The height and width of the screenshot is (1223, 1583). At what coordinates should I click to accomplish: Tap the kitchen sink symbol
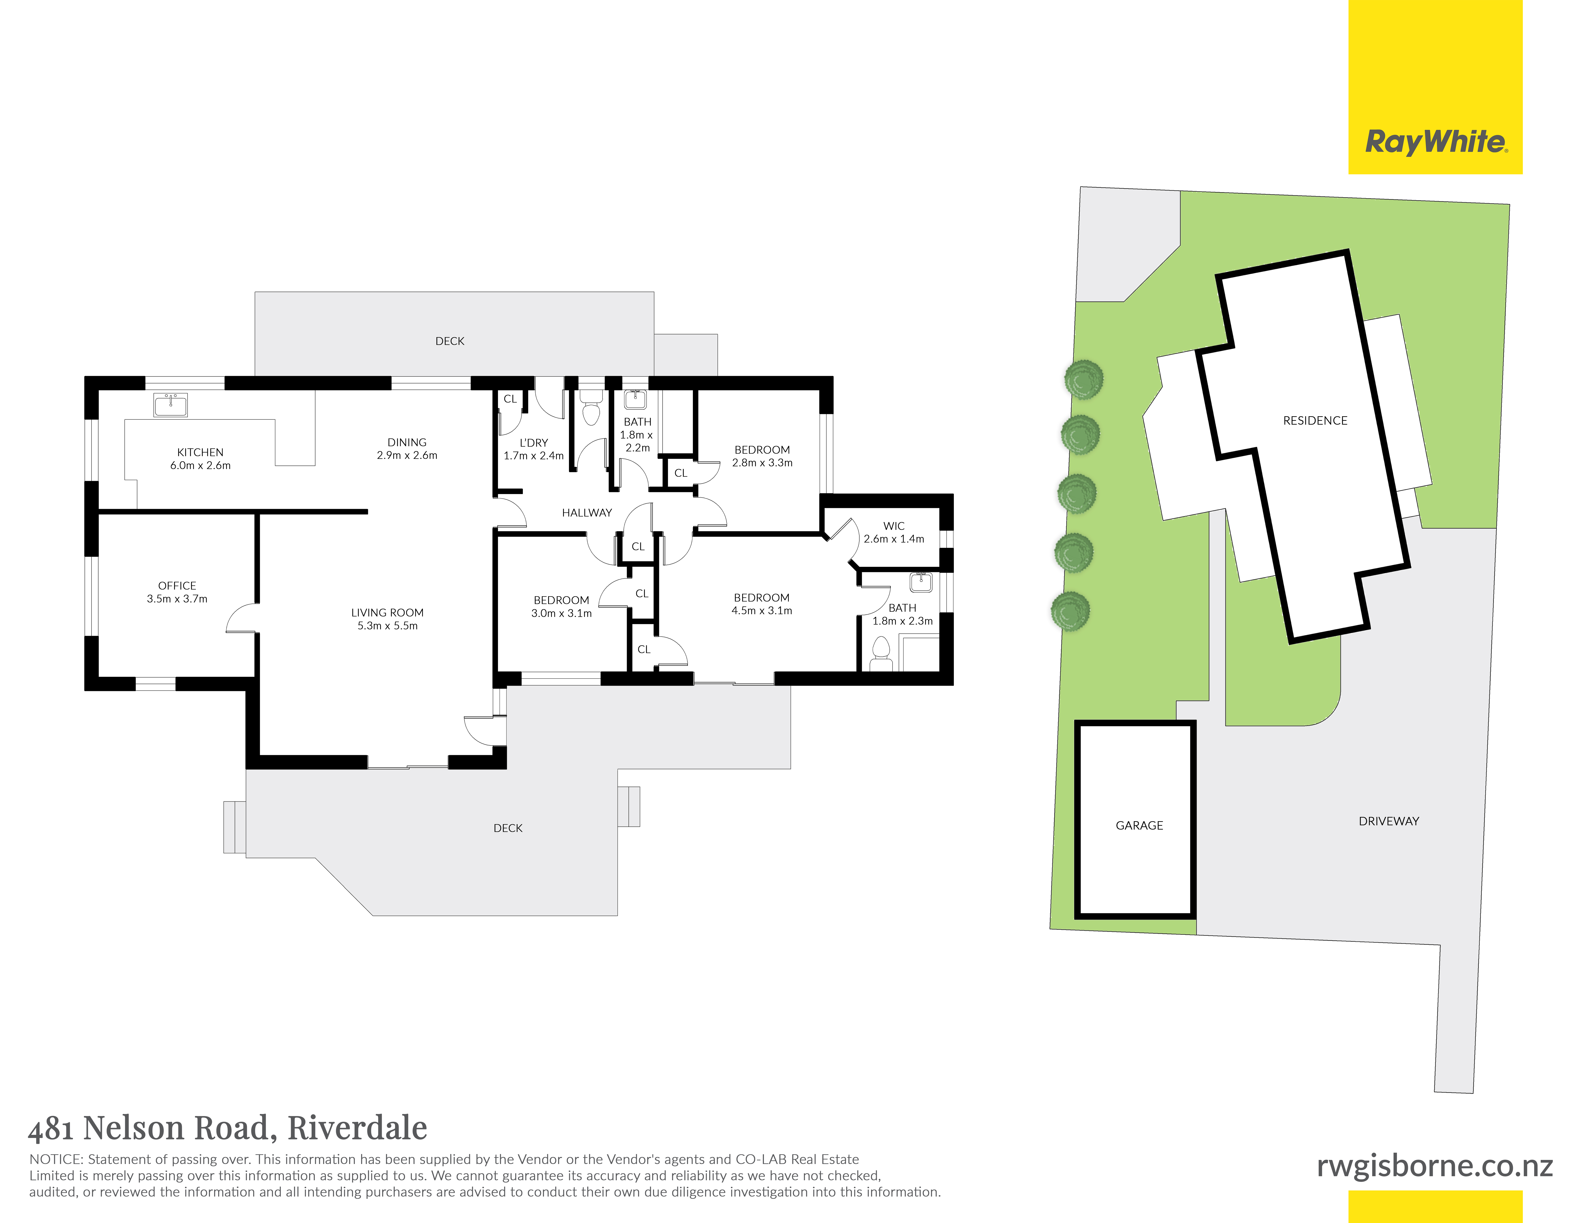click(170, 405)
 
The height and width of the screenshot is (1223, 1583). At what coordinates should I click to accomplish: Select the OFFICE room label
click(177, 585)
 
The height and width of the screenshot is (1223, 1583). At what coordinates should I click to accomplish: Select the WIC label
click(894, 526)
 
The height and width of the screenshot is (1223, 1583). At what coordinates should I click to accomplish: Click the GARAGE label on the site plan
click(1139, 825)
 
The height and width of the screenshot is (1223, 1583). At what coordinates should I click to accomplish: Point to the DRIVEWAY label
click(1389, 821)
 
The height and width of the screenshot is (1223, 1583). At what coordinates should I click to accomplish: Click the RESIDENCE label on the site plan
click(1315, 420)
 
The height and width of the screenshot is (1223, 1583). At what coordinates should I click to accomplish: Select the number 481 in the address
click(51, 1129)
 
